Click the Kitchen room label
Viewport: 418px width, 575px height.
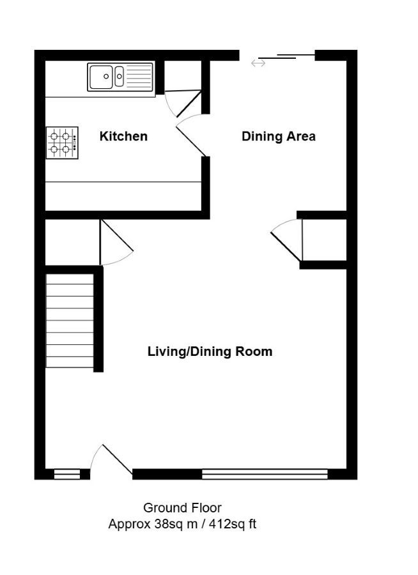(123, 136)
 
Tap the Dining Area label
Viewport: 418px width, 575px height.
(279, 136)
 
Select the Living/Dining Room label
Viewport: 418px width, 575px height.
(210, 351)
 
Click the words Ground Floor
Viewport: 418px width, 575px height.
(182, 508)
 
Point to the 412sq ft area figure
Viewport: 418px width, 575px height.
(232, 524)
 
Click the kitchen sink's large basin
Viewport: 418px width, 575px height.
(101, 77)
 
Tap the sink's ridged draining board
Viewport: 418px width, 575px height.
(138, 77)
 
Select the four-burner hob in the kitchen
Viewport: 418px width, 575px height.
(62, 142)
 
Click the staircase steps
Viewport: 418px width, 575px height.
(70, 320)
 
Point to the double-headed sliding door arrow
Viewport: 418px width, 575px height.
(258, 63)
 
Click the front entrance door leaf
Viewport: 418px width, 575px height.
(117, 459)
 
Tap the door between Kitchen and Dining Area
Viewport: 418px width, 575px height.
(191, 141)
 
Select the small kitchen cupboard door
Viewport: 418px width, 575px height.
(189, 103)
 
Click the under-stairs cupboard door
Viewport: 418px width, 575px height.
(116, 235)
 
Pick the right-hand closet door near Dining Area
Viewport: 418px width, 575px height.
(286, 246)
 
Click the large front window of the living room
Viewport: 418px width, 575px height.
(265, 474)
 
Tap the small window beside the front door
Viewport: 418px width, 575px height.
(67, 474)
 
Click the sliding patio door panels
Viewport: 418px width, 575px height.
(286, 56)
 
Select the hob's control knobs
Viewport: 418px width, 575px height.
(75, 142)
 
